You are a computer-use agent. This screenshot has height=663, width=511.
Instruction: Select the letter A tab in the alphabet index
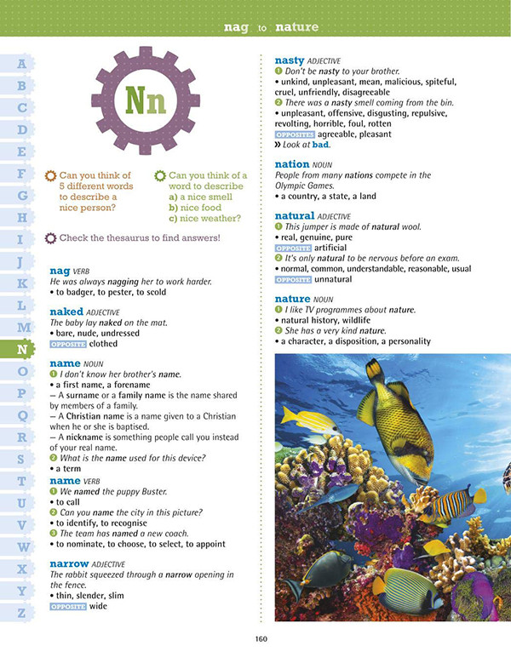click(23, 63)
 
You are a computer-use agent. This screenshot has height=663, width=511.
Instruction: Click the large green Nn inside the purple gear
click(146, 100)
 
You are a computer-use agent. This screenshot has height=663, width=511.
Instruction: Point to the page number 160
click(262, 640)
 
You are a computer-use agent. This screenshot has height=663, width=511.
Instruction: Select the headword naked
click(67, 311)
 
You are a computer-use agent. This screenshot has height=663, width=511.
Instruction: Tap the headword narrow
click(70, 563)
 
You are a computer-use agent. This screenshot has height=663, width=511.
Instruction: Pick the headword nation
click(292, 163)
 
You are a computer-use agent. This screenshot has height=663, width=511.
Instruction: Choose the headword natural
click(295, 216)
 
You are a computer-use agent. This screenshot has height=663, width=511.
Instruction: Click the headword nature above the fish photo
click(292, 299)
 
